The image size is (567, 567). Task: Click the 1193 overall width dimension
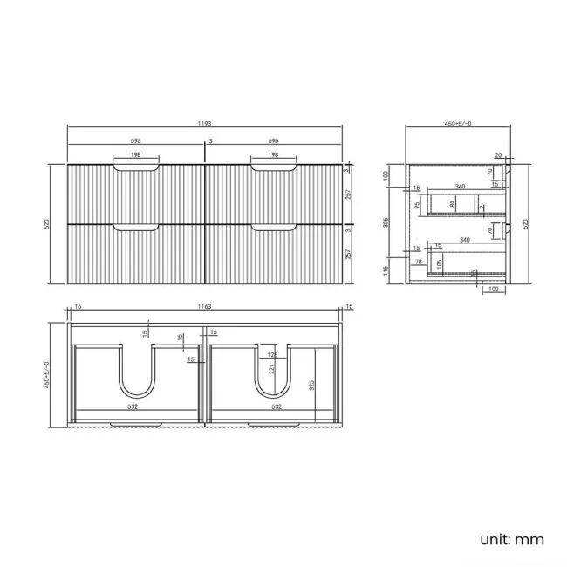204,124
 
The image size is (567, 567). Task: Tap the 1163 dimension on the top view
205,307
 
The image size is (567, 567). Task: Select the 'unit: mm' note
512,538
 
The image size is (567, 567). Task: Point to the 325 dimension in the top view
311,383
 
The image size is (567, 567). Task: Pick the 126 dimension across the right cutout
273,354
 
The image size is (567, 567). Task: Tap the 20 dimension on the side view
497,156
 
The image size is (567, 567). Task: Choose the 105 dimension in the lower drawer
442,263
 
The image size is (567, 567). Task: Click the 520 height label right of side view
525,222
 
